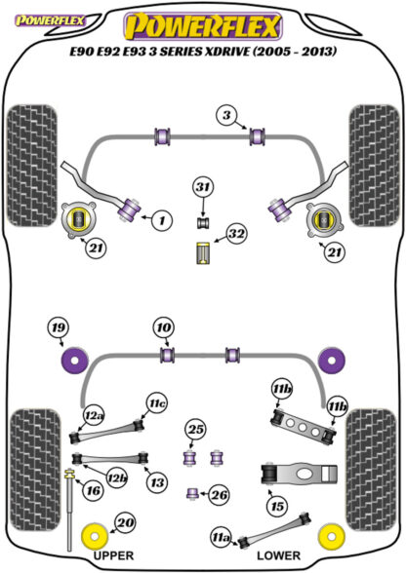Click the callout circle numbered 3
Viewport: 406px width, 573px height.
pyautogui.click(x=227, y=115)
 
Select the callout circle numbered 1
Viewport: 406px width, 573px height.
pyautogui.click(x=162, y=219)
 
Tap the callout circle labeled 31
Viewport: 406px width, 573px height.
pyautogui.click(x=204, y=187)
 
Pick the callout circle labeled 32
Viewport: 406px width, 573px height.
pyautogui.click(x=236, y=234)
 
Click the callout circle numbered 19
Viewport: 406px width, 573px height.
pyautogui.click(x=59, y=327)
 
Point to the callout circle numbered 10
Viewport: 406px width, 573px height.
pyautogui.click(x=164, y=327)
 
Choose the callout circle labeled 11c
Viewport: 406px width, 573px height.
pyautogui.click(x=157, y=403)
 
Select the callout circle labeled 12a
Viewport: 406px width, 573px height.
pyautogui.click(x=94, y=416)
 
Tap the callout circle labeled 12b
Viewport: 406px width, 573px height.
pyautogui.click(x=116, y=477)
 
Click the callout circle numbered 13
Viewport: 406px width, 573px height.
pyautogui.click(x=157, y=482)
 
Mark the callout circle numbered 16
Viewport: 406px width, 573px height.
pyautogui.click(x=93, y=490)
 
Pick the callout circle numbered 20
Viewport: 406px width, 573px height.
pyautogui.click(x=125, y=523)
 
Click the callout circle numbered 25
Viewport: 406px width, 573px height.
pyautogui.click(x=195, y=430)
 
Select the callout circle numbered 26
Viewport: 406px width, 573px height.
pyautogui.click(x=219, y=495)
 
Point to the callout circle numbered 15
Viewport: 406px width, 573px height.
pyautogui.click(x=277, y=506)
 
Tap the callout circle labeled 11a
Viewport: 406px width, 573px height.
pyautogui.click(x=222, y=538)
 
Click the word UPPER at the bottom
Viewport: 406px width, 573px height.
pyautogui.click(x=113, y=555)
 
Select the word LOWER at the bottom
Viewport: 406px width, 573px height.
pyautogui.click(x=278, y=555)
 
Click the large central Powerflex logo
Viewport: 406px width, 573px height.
pyautogui.click(x=203, y=25)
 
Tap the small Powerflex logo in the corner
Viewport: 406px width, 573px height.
pyautogui.click(x=50, y=20)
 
